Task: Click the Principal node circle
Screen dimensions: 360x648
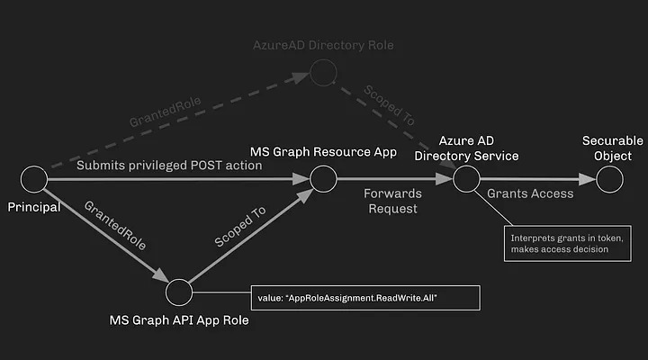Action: point(34,179)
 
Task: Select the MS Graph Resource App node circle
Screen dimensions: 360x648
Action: point(323,179)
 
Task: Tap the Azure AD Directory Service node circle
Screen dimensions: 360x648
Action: point(465,179)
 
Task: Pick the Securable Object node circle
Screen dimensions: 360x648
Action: point(609,179)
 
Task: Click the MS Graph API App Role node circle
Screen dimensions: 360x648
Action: point(179,292)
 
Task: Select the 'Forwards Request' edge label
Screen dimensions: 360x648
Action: point(391,201)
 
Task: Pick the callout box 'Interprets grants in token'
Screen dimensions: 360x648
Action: point(559,243)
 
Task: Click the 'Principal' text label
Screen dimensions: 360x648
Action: point(34,207)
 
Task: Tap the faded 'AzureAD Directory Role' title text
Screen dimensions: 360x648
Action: point(322,44)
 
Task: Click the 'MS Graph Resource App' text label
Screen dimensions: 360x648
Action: point(323,151)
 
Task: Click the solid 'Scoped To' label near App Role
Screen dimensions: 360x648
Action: point(240,229)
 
